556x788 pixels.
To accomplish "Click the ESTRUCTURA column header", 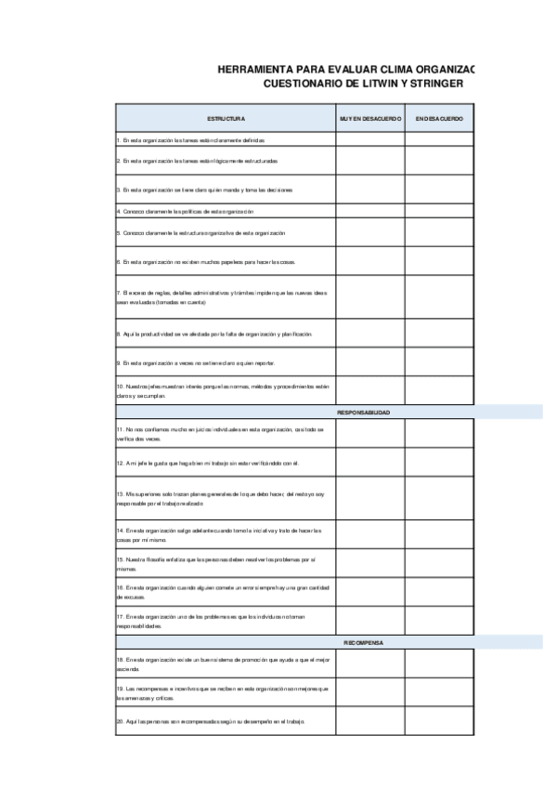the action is pyautogui.click(x=225, y=118).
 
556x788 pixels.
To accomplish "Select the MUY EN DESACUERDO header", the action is pyautogui.click(x=369, y=118).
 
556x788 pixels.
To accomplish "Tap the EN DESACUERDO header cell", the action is pyautogui.click(x=438, y=118).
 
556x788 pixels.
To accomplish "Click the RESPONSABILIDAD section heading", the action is pyautogui.click(x=363, y=411).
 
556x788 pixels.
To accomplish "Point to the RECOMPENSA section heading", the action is pyautogui.click(x=363, y=642).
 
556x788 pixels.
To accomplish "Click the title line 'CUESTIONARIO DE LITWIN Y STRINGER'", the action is pyautogui.click(x=363, y=84).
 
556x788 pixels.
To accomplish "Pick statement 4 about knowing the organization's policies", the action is pyautogui.click(x=185, y=212).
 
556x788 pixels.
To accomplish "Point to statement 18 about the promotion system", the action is pyautogui.click(x=223, y=663).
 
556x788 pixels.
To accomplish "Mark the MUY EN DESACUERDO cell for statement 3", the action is pyautogui.click(x=369, y=190).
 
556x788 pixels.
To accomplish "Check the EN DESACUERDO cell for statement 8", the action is pyautogui.click(x=438, y=333).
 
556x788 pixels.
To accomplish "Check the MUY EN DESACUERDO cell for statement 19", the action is pyautogui.click(x=369, y=692).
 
